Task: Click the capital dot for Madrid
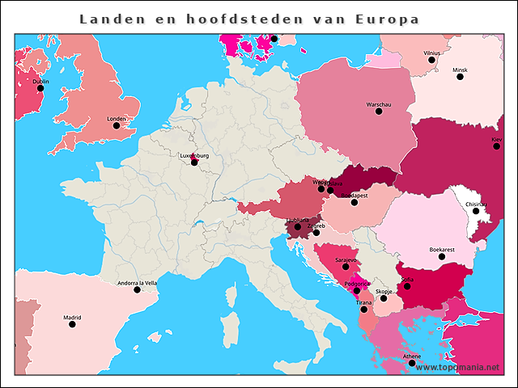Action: click(x=73, y=324)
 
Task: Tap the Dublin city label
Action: click(x=40, y=82)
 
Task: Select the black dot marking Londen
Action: click(x=117, y=125)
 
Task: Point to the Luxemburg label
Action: click(x=194, y=155)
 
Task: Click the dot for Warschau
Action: click(x=379, y=111)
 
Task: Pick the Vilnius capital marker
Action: click(x=431, y=60)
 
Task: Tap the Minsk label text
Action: click(x=460, y=70)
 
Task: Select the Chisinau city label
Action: click(x=476, y=205)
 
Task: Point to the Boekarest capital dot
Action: click(x=441, y=256)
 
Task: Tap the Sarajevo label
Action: click(x=346, y=260)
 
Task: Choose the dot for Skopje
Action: click(x=384, y=298)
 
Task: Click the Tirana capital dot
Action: click(x=364, y=309)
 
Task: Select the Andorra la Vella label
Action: click(x=137, y=283)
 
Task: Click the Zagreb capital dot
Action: click(x=316, y=233)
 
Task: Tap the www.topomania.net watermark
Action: click(x=457, y=367)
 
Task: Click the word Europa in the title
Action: click(x=387, y=19)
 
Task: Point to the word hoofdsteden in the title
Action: click(x=231, y=19)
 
